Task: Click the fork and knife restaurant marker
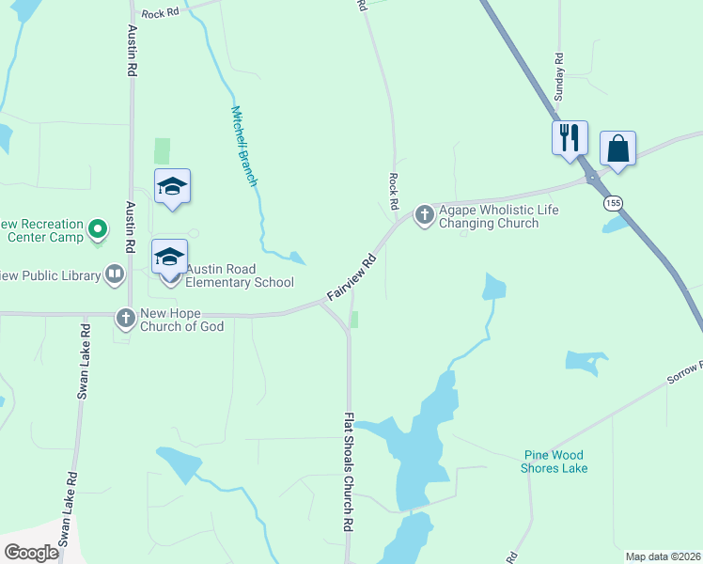click(570, 138)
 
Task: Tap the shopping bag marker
click(617, 149)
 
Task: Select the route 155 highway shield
click(613, 203)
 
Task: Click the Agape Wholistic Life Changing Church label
click(490, 216)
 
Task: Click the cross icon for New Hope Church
click(126, 319)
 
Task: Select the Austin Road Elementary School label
click(240, 275)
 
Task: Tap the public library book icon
click(115, 274)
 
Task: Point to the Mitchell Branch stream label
click(244, 145)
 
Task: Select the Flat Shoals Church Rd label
click(349, 472)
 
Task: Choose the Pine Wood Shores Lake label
click(555, 462)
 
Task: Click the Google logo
click(31, 553)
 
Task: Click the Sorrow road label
click(684, 372)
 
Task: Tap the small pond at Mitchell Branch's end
click(297, 258)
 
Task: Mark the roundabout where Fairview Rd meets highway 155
click(592, 176)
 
